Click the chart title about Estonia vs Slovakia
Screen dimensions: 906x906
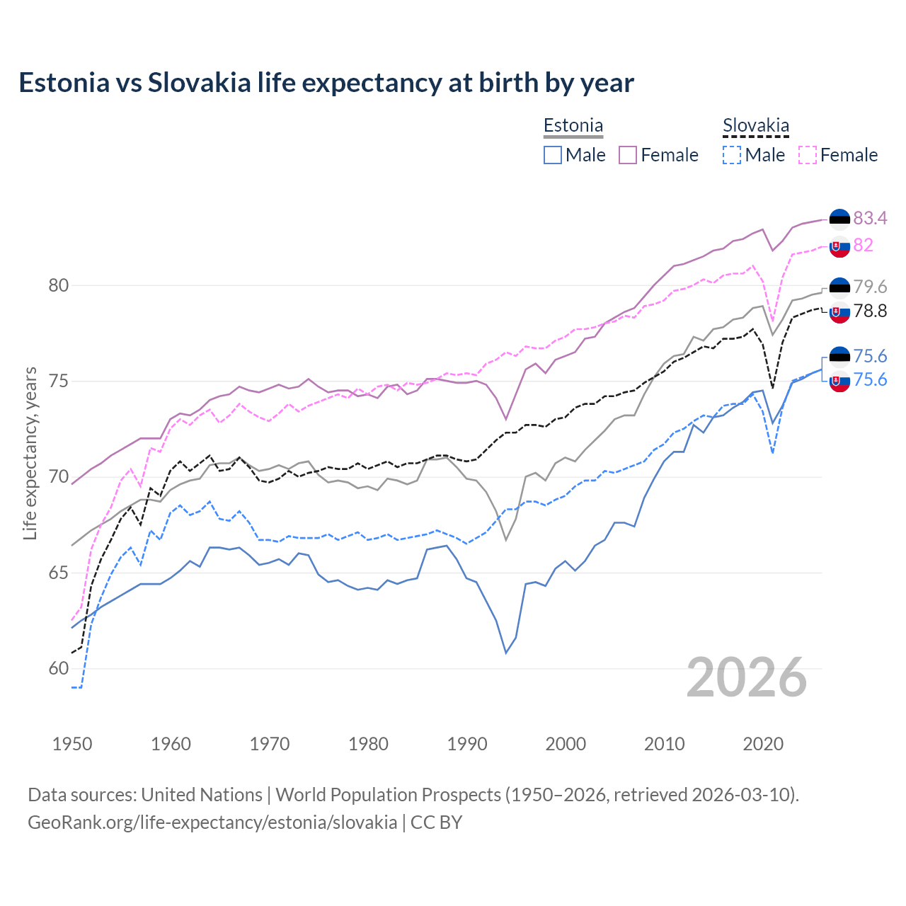pos(326,83)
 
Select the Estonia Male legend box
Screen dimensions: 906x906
pos(553,155)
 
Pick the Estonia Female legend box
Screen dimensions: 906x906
pos(628,155)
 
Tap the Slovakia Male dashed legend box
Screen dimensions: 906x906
pos(732,155)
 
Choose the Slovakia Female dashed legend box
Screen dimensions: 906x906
pos(808,155)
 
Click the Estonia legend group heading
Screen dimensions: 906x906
pos(573,126)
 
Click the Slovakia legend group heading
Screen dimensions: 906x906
pos(756,126)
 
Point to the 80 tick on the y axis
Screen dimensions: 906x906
pos(59,286)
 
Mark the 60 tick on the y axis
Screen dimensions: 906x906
pos(59,668)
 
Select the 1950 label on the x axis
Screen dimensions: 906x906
pos(72,744)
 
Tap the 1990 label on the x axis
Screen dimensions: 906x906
pos(467,744)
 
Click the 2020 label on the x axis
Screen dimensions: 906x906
pos(763,744)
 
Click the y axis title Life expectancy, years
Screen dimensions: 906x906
pos(30,453)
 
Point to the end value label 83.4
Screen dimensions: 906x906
pos(870,218)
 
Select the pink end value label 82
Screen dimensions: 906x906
pos(864,245)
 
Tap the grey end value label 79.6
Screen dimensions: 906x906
pos(870,287)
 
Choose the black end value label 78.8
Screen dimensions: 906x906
pos(870,311)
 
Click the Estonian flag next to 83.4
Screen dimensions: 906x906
pos(839,219)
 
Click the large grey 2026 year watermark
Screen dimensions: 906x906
pos(747,677)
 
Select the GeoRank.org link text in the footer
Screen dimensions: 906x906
pos(212,822)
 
